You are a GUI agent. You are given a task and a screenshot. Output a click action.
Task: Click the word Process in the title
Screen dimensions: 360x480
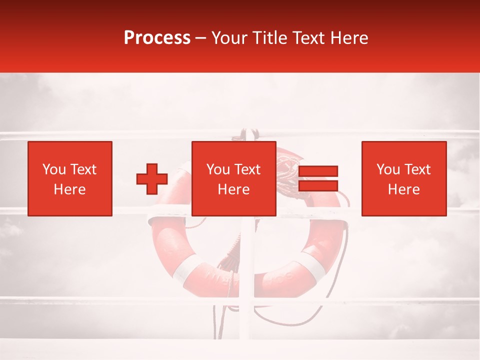tap(157, 38)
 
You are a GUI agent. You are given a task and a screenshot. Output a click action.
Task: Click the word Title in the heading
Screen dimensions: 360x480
tap(270, 38)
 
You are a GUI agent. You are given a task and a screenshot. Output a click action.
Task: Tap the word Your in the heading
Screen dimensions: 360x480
tap(230, 38)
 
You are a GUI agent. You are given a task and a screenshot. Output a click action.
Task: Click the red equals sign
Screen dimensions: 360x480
tap(318, 178)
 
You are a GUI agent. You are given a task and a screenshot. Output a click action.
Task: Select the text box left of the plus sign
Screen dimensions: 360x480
tap(69, 178)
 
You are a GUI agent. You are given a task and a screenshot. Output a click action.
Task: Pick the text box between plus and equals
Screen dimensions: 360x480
tap(233, 178)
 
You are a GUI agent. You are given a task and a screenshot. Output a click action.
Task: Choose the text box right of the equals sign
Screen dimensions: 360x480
tap(403, 178)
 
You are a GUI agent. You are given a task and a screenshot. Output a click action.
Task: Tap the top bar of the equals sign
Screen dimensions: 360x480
tap(318, 171)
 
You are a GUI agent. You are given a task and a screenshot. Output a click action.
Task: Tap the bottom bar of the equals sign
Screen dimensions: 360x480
tap(318, 185)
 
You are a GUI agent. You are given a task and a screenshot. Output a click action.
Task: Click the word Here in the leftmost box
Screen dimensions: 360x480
tap(69, 189)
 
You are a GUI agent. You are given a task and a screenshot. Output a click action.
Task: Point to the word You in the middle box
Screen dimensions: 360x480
tap(217, 169)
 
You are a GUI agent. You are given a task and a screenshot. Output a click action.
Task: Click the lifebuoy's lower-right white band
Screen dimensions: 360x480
tap(312, 265)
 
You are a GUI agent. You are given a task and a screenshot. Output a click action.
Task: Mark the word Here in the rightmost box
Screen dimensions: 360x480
tap(403, 189)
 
